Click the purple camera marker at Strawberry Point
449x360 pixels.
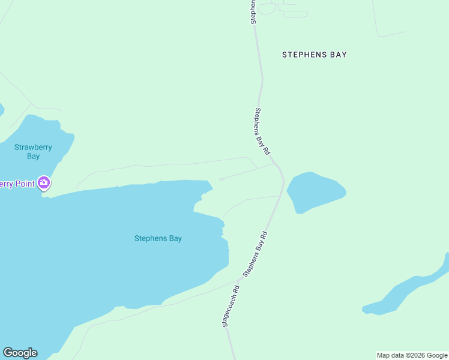pos(43,182)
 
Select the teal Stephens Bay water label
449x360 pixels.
pos(158,238)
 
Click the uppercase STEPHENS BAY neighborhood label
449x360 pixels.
pos(315,55)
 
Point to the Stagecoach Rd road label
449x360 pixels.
pos(231,305)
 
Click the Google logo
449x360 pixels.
pos(20,353)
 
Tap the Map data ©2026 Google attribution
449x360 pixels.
pos(412,355)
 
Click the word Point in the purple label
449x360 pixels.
pos(21,183)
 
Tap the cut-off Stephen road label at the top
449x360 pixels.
pos(254,11)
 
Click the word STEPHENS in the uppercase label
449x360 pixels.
pos(304,55)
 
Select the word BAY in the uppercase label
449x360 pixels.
pos(338,55)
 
